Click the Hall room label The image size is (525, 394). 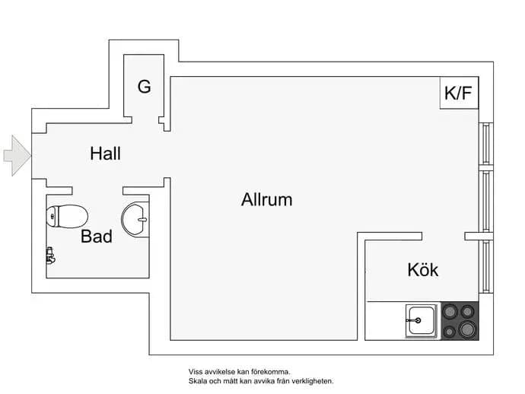click(106, 154)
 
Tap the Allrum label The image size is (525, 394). click(267, 199)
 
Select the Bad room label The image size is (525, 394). click(97, 237)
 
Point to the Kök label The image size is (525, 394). click(423, 269)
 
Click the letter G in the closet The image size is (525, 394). click(145, 87)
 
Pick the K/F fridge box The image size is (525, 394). click(459, 93)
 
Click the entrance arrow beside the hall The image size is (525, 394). click(17, 156)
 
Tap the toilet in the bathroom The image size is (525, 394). click(67, 217)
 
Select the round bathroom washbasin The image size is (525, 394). click(135, 219)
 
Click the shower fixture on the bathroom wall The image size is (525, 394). click(50, 256)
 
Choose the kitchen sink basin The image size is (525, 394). click(422, 321)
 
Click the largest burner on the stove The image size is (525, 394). click(466, 329)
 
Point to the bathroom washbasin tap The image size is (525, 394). click(142, 220)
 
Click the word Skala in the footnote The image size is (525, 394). click(198, 381)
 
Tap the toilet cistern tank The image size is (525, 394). click(52, 217)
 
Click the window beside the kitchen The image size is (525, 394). click(486, 266)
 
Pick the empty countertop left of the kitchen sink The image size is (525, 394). click(385, 321)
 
